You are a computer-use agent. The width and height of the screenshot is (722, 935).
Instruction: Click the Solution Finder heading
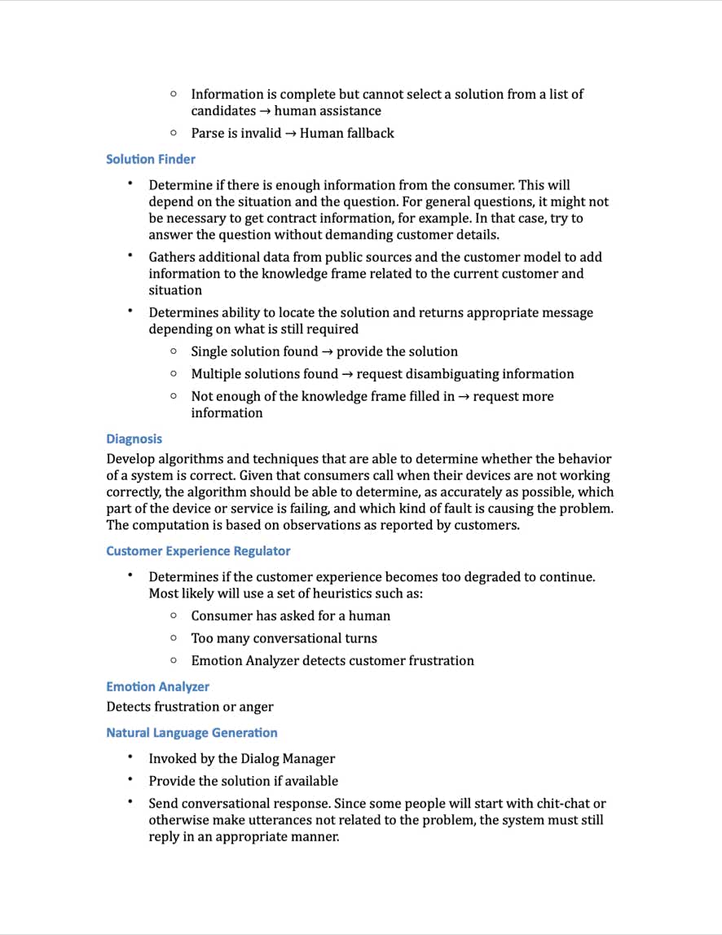point(151,159)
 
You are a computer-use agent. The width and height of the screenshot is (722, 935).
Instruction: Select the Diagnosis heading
point(134,439)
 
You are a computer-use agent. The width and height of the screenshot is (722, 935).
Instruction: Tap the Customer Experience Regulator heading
point(198,551)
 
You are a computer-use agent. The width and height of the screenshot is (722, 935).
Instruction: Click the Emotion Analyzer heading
point(157,686)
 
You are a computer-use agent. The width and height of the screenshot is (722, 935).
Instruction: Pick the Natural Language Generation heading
point(192,732)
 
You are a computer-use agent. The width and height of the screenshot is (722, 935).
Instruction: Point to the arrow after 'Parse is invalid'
point(290,133)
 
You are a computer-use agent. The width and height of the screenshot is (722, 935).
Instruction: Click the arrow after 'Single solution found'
point(327,351)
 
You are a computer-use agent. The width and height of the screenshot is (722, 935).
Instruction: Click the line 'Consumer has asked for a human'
point(290,615)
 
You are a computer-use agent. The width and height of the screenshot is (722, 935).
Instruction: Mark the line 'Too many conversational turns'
point(284,637)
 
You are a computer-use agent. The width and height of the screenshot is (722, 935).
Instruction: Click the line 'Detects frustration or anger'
point(190,706)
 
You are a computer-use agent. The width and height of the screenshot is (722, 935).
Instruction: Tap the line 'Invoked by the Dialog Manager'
point(241,758)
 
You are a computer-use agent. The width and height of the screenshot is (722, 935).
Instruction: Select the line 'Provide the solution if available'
point(243,780)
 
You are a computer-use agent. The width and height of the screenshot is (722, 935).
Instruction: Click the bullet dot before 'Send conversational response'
point(130,802)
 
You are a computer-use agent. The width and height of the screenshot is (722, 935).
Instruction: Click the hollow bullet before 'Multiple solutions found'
point(174,373)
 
